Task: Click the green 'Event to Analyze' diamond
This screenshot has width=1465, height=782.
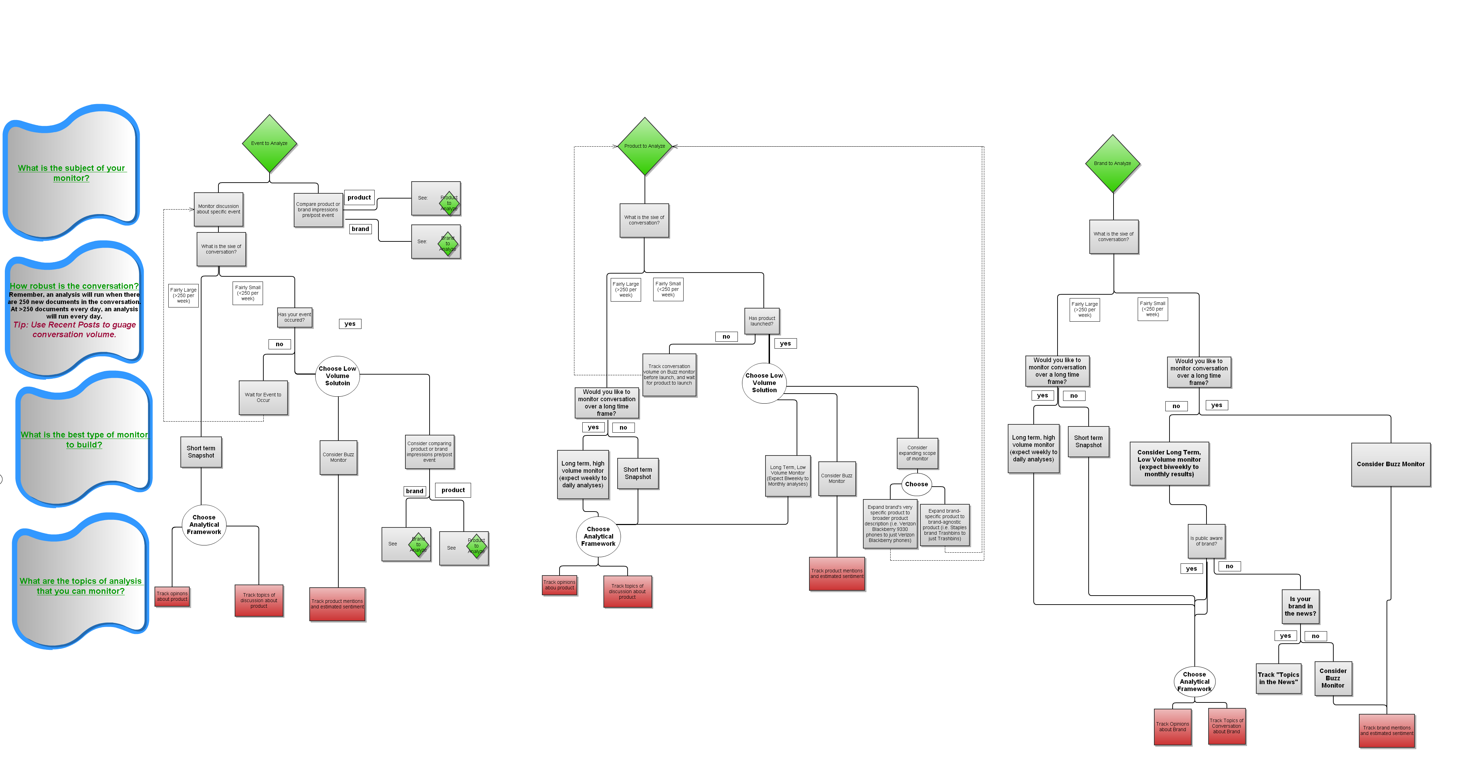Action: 269,144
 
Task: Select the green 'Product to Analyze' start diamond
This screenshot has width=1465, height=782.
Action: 644,146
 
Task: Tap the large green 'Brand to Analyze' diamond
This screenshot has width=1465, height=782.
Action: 1112,163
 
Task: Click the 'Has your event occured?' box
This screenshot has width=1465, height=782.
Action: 294,318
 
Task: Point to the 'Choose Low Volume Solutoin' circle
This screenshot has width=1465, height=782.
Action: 337,376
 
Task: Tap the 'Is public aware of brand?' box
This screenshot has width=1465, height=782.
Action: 1206,541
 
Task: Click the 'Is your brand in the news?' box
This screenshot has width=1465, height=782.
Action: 1300,606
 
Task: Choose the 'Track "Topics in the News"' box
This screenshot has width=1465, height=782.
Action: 1278,679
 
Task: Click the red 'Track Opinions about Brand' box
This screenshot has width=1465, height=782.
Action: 1172,727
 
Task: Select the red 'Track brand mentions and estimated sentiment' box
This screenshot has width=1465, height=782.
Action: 1387,731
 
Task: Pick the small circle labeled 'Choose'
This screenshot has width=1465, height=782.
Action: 916,484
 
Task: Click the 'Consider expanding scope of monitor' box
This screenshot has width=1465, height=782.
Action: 917,453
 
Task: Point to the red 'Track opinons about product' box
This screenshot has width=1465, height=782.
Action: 172,597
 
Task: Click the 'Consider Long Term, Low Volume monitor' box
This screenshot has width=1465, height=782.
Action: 1169,463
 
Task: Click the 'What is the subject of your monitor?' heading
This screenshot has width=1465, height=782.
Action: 71,173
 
